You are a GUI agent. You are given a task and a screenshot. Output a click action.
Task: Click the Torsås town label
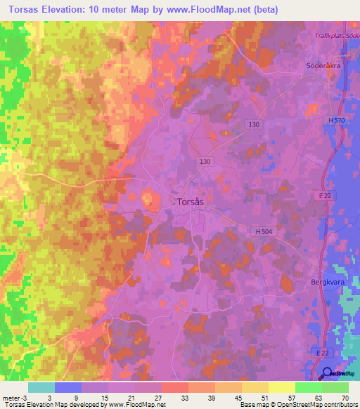pos(190,202)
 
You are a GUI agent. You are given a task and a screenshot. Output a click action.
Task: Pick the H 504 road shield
pos(264,231)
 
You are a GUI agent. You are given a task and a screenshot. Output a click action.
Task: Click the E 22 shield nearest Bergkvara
pos(324,197)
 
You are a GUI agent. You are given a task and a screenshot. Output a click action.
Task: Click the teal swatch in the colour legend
pos(41,387)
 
